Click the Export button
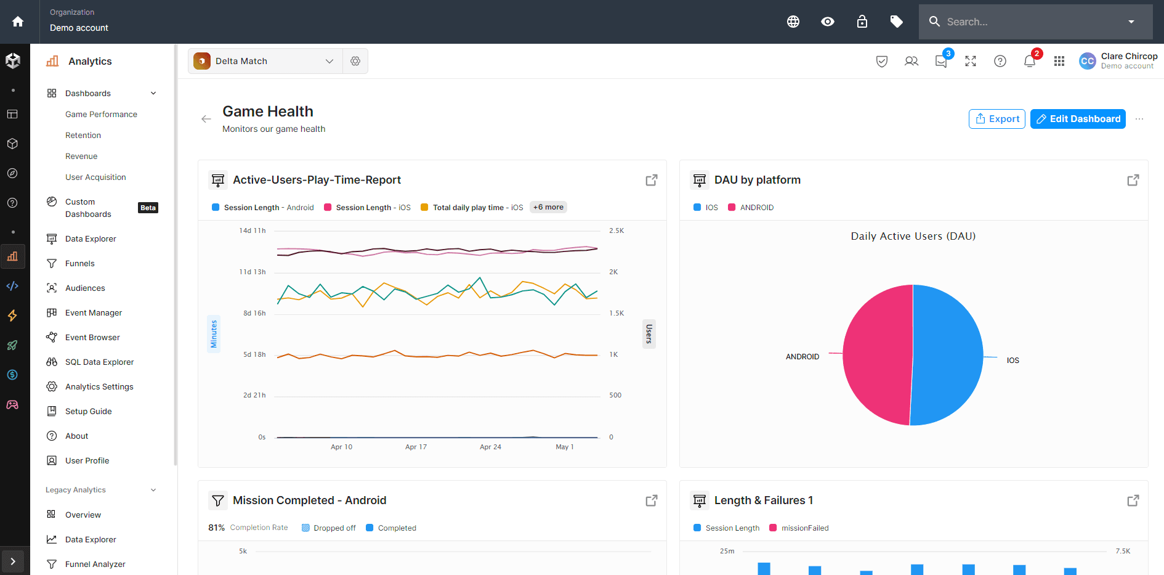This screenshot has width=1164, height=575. tap(996, 119)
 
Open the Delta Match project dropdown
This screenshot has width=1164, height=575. tap(265, 61)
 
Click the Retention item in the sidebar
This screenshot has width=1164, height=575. tap(83, 136)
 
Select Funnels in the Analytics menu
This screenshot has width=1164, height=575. tap(80, 264)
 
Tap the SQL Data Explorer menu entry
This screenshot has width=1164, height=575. tap(99, 362)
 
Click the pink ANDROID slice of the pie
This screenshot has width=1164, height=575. tap(875, 354)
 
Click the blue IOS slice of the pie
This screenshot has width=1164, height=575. tap(948, 354)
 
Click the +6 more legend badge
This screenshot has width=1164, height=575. tap(548, 208)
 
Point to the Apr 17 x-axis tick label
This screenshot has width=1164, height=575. tap(416, 447)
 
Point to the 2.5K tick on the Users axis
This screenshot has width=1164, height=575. tap(616, 231)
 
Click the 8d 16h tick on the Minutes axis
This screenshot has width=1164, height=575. tap(254, 314)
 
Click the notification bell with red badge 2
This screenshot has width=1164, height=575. tap(1029, 61)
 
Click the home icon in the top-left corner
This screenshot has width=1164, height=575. tap(18, 22)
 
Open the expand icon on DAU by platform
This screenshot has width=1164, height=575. tap(1133, 180)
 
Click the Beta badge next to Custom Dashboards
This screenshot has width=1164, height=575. tap(148, 208)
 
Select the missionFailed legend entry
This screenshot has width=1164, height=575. tap(804, 528)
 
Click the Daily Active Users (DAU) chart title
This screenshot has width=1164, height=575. tap(913, 237)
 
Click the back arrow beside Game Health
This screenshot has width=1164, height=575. tap(206, 119)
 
